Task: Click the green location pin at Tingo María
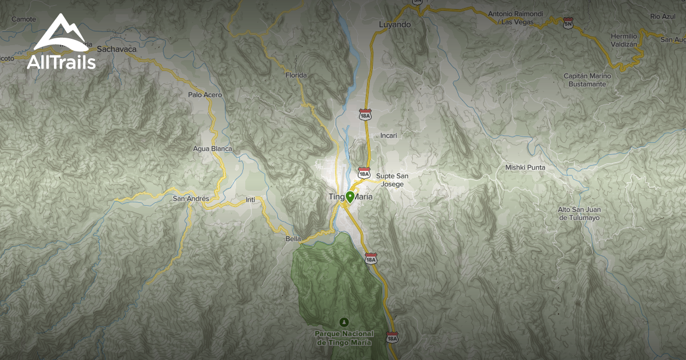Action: (349, 197)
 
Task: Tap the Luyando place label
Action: (395, 25)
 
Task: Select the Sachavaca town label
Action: (117, 49)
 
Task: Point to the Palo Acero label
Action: (205, 95)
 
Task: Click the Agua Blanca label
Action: (213, 149)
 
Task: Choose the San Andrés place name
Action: (191, 199)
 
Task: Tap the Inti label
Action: (250, 199)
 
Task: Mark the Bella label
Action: (293, 239)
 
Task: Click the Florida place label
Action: (296, 75)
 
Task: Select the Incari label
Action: (388, 135)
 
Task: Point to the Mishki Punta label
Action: (525, 167)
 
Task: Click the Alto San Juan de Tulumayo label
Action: (579, 213)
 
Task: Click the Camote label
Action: (23, 19)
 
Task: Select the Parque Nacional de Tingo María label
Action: (344, 338)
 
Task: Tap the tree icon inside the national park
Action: (344, 322)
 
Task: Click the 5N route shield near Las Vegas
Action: (568, 22)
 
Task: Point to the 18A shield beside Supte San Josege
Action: (364, 173)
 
